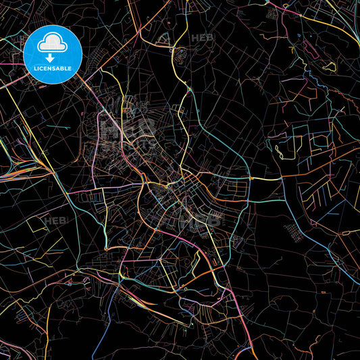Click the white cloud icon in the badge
coord(53,44)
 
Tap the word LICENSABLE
coord(53,68)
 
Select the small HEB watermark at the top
coord(202,37)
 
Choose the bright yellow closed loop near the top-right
coord(329,66)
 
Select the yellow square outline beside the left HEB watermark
coord(39,224)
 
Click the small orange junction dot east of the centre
coord(251,178)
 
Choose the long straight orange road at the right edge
coord(317,168)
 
